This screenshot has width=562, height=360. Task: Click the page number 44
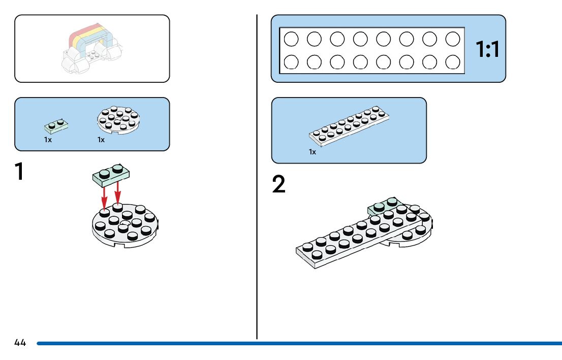20,343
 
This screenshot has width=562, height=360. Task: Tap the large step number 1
19,171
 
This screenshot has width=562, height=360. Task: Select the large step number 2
279,184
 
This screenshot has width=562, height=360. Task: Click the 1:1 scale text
487,49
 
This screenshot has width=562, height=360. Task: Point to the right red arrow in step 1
117,193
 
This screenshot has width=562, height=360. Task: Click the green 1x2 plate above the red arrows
111,175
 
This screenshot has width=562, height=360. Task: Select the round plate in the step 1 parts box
118,120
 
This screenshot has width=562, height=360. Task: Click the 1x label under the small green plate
48,140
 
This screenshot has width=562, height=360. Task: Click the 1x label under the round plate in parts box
101,140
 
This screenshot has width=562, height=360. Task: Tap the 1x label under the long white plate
313,152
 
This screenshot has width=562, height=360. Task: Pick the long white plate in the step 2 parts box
349,126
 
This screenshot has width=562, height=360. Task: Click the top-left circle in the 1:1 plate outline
291,39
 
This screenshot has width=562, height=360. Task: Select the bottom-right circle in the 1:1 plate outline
453,62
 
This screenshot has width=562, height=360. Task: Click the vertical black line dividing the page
257,177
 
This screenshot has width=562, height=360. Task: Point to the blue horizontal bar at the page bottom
299,344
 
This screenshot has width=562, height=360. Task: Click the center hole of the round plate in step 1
124,223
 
